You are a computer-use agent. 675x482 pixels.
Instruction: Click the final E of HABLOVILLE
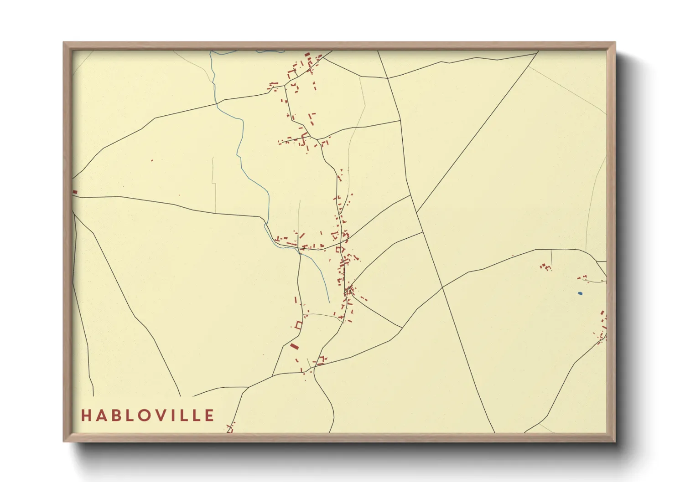[209, 415]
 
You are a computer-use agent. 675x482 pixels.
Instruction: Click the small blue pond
[580, 293]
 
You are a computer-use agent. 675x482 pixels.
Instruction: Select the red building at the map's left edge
[75, 192]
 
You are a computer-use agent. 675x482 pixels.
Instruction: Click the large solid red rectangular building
[294, 347]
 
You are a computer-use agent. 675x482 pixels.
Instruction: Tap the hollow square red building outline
[299, 325]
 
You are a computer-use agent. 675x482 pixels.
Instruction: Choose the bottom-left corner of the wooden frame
[64, 441]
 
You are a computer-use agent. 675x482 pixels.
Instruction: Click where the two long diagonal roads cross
[442, 287]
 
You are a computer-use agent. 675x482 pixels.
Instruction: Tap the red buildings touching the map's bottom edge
[230, 429]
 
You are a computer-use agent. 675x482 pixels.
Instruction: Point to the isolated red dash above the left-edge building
[152, 160]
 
